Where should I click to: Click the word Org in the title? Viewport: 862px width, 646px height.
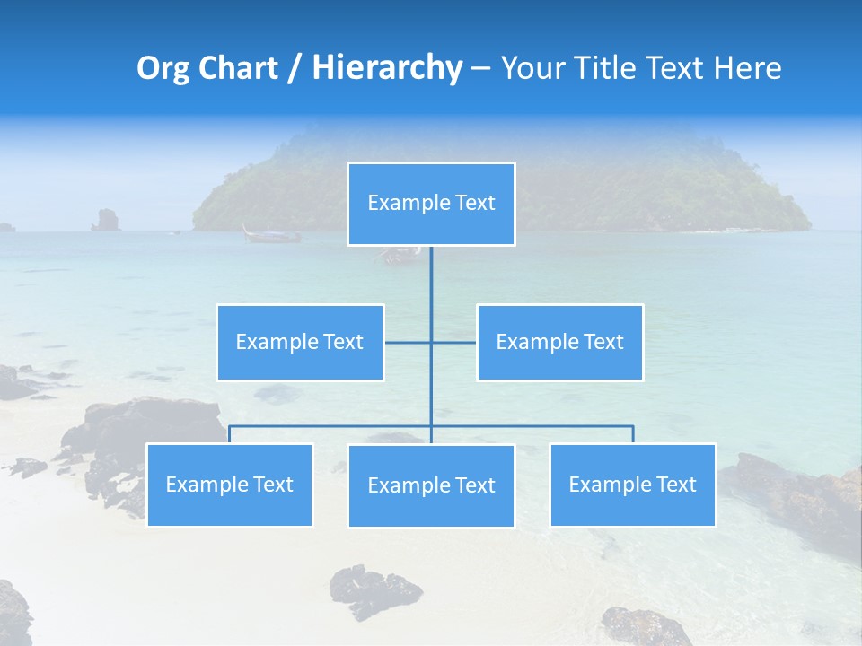[x=163, y=68]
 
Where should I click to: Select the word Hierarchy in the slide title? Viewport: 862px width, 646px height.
[x=386, y=68]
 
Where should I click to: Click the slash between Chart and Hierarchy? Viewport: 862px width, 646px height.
[x=296, y=69]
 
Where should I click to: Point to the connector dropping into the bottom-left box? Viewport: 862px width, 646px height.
[x=229, y=434]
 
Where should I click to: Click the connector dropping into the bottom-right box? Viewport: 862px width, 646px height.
[x=633, y=434]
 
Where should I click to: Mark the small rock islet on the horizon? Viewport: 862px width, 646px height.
[x=106, y=220]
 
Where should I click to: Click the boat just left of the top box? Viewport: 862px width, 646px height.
[x=271, y=235]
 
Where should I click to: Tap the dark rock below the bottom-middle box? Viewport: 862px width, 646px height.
[x=374, y=589]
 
